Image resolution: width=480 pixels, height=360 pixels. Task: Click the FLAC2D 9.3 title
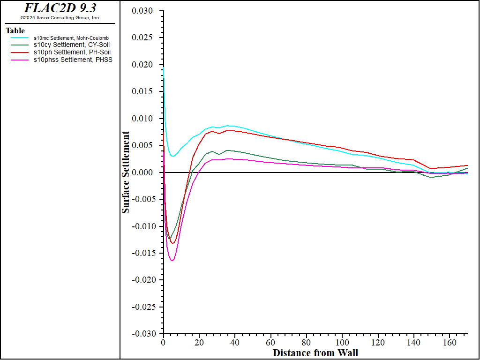60,8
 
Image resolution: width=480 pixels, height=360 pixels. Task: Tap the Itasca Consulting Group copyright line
60,18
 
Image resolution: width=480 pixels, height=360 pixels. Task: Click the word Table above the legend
15,31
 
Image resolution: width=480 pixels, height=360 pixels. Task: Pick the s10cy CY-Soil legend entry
72,45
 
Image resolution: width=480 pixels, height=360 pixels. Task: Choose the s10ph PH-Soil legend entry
72,52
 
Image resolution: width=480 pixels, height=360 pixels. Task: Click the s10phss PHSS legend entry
73,60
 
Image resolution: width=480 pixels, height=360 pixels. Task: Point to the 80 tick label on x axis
307,342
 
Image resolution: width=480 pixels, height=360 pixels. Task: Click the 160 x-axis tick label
450,342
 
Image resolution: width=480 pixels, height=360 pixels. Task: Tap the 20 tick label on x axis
199,342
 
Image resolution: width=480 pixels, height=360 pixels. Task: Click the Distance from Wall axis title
315,352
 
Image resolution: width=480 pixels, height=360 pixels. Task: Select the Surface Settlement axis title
126,172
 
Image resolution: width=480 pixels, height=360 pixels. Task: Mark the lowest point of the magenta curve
172,260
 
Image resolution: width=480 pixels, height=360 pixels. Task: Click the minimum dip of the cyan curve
172,156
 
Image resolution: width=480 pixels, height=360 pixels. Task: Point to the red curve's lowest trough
172,243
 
